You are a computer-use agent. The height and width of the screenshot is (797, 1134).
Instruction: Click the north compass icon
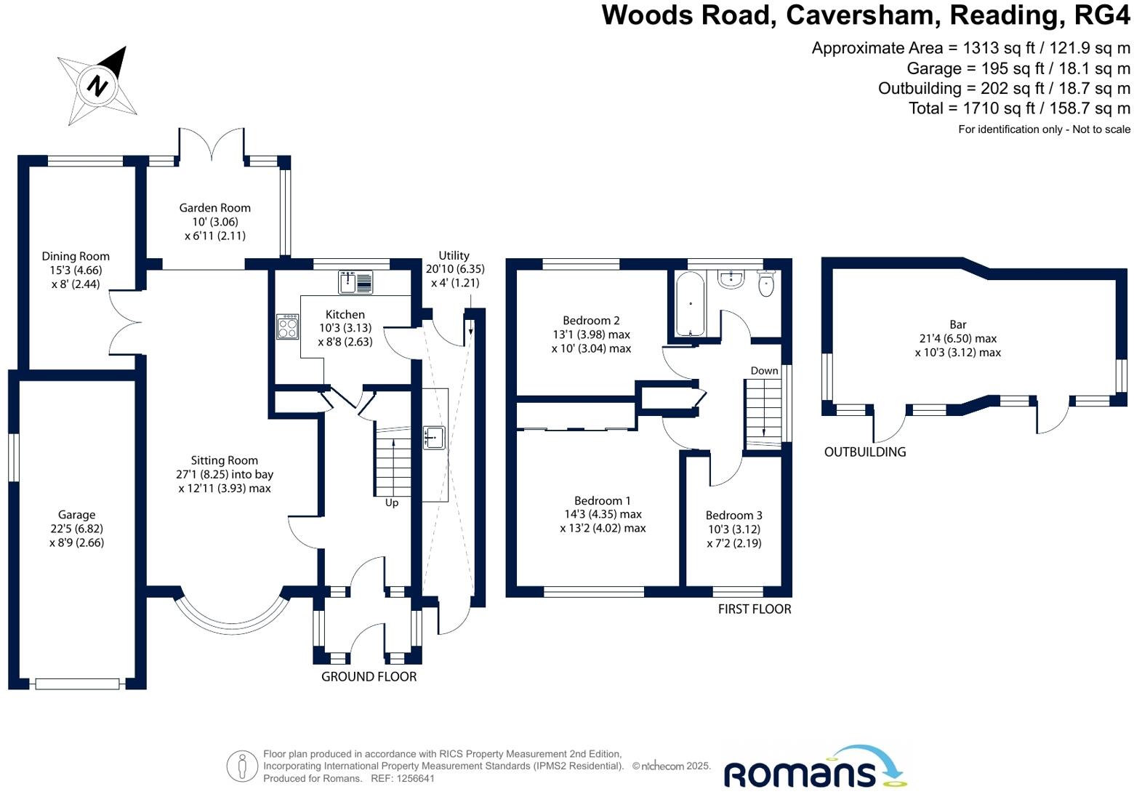(x=97, y=86)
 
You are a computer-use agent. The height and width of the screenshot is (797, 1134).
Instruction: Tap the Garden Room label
(x=215, y=208)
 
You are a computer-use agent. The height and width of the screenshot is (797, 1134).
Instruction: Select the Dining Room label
(x=76, y=256)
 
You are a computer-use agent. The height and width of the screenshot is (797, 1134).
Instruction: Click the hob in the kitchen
(x=287, y=326)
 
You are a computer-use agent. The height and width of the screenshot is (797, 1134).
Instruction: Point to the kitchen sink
(x=355, y=281)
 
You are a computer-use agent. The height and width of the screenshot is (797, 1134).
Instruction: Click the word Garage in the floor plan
(x=77, y=515)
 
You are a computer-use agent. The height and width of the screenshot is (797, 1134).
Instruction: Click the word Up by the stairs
(x=392, y=502)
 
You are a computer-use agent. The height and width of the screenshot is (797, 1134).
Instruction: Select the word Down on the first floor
(x=764, y=371)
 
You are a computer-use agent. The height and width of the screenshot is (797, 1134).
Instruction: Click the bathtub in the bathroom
(x=689, y=304)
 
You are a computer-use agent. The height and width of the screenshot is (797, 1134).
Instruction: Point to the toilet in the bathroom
(x=766, y=284)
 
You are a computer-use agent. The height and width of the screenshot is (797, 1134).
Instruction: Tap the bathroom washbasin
(x=731, y=279)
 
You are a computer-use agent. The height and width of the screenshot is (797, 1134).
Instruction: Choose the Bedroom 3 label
(x=734, y=516)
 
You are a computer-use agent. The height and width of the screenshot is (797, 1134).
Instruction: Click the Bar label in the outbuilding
(x=958, y=325)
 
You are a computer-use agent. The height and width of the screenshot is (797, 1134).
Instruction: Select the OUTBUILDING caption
(x=865, y=452)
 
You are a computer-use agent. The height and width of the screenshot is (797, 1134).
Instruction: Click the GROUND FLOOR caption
(x=369, y=676)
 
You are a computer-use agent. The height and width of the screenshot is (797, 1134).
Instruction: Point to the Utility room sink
(x=434, y=438)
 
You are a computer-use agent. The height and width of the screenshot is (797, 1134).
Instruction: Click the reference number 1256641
(x=414, y=778)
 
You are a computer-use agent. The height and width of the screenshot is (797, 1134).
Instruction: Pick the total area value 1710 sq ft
(x=1006, y=108)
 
